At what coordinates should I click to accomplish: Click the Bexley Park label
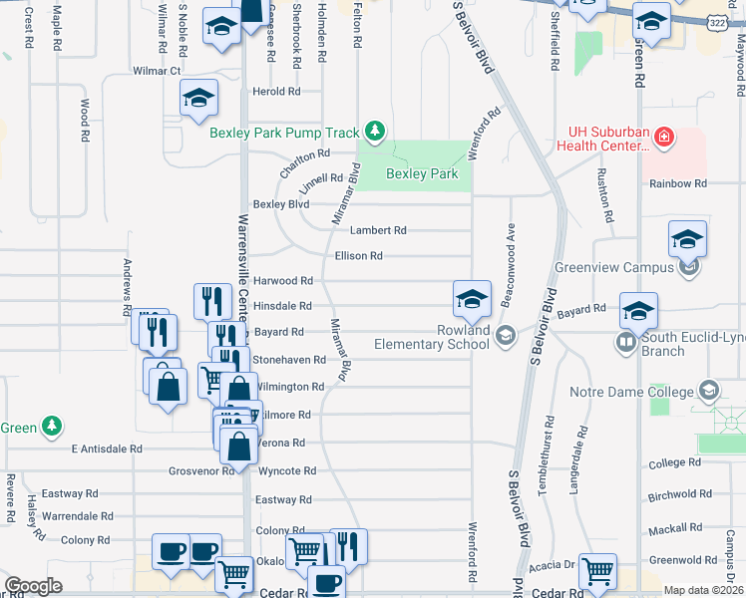tap(422, 174)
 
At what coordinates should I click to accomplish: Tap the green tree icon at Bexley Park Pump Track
tap(374, 132)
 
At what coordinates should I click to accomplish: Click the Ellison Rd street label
tap(359, 256)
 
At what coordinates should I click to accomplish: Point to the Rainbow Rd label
tap(677, 183)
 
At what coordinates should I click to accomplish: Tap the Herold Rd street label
tap(277, 92)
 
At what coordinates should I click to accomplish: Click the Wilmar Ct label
tap(157, 72)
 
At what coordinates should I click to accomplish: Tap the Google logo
tap(33, 586)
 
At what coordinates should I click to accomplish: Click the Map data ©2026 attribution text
tap(704, 590)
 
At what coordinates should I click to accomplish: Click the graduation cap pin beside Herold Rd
tap(198, 99)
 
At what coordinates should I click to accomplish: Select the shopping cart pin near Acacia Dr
tap(597, 571)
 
